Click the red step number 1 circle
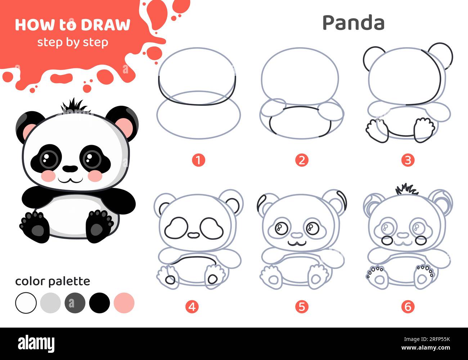click(198, 160)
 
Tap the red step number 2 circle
click(302, 160)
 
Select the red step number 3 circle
click(408, 160)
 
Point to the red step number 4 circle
click(192, 307)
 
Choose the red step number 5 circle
click(302, 307)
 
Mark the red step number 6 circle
click(408, 307)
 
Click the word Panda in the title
click(353, 23)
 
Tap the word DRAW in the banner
click(105, 25)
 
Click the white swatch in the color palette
click(26, 303)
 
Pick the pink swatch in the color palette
click(124, 303)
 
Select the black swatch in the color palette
click(99, 303)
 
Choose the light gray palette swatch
click(50, 303)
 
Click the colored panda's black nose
click(70, 168)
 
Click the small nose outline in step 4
click(194, 235)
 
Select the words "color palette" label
click(53, 281)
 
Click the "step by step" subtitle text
click(73, 42)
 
